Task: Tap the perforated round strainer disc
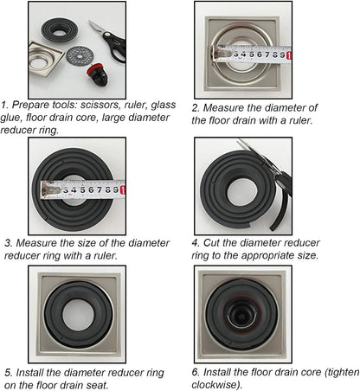[80, 56]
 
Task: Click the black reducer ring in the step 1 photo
[60, 30]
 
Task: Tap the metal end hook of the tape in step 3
[49, 190]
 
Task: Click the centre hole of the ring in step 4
[241, 192]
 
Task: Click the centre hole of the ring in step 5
[78, 315]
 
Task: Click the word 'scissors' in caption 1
[100, 105]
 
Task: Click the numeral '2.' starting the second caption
[196, 108]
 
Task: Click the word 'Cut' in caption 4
[211, 243]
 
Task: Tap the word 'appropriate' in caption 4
[269, 256]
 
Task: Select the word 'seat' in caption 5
[98, 386]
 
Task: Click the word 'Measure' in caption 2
[223, 108]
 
